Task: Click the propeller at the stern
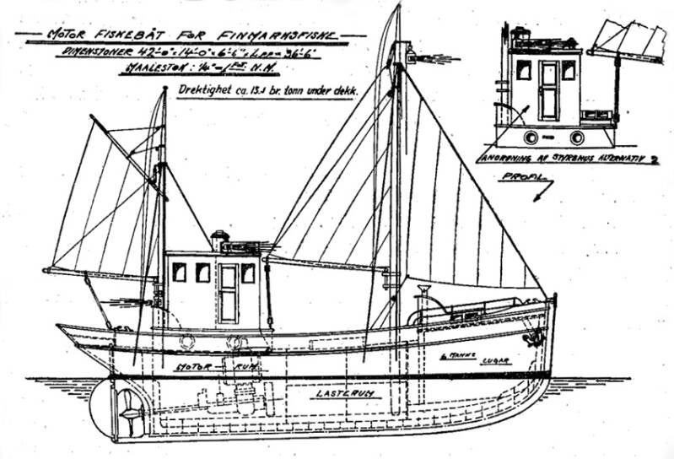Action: [127, 409]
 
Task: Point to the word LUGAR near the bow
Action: [496, 359]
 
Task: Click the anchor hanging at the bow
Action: [531, 337]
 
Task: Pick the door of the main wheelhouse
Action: [229, 293]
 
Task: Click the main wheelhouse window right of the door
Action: [248, 273]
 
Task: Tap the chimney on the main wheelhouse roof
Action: [220, 241]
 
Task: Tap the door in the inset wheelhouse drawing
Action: [550, 90]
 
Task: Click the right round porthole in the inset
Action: [577, 137]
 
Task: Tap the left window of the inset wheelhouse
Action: [524, 71]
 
